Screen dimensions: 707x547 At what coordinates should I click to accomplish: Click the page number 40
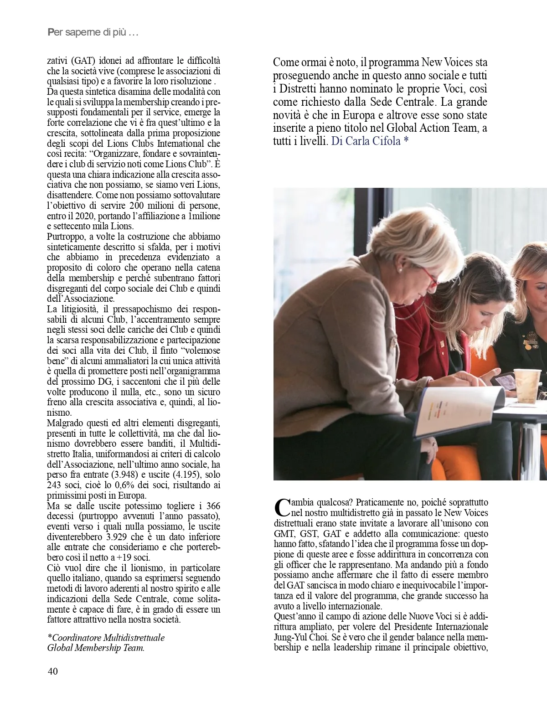[52, 671]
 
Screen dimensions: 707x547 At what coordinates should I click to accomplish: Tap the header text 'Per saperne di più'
[93, 32]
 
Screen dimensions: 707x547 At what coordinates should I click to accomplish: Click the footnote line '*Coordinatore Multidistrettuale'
[106, 637]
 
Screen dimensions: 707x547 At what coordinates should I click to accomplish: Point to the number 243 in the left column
[54, 485]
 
